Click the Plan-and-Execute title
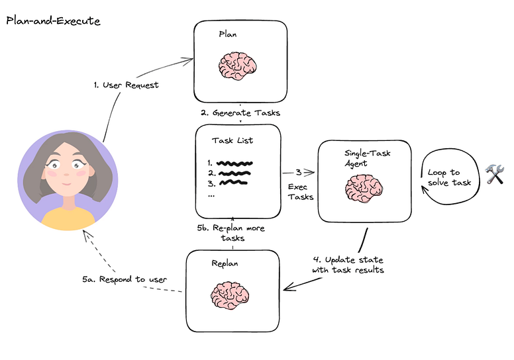53,21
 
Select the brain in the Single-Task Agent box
364,187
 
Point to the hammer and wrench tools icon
495,174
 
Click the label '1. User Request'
126,85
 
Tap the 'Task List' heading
232,140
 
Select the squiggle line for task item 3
233,182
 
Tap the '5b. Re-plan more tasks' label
231,232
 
